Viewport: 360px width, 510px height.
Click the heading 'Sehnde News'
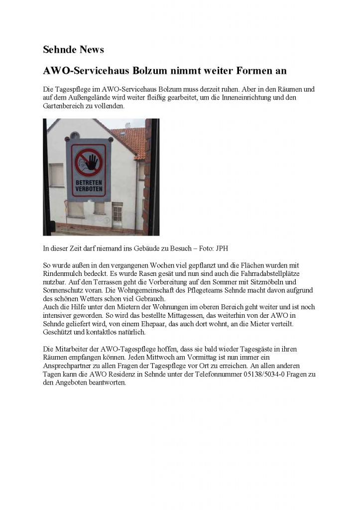pos(73,49)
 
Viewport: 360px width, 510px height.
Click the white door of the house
pos(117,216)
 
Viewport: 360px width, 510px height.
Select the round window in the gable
pos(75,135)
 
